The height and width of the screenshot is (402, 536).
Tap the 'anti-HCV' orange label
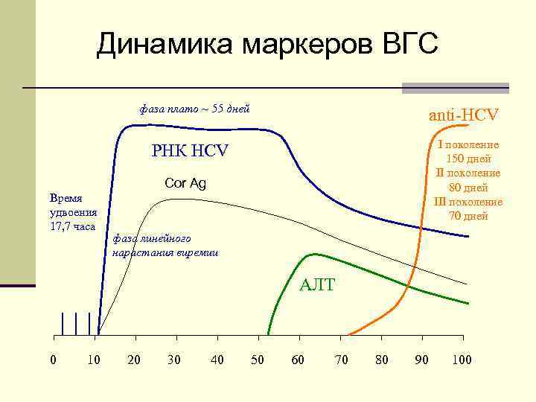pyautogui.click(x=463, y=115)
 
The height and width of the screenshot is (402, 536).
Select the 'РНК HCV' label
pyautogui.click(x=190, y=151)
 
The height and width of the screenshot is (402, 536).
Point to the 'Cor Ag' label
pyautogui.click(x=185, y=183)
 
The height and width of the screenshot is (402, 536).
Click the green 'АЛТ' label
pyautogui.click(x=317, y=284)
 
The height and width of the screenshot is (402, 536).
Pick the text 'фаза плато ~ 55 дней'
pyautogui.click(x=194, y=109)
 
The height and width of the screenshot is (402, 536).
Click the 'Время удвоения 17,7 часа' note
pyautogui.click(x=72, y=212)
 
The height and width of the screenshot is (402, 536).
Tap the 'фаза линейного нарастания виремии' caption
pyautogui.click(x=165, y=246)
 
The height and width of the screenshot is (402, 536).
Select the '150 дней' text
pyautogui.click(x=468, y=159)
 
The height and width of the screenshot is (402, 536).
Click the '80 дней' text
pyautogui.click(x=468, y=187)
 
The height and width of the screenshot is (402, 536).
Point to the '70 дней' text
pyautogui.click(x=468, y=216)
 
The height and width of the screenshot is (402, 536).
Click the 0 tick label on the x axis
pyautogui.click(x=52, y=360)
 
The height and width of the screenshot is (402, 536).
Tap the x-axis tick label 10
pyautogui.click(x=94, y=360)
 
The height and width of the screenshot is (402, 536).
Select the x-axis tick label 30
pyautogui.click(x=174, y=360)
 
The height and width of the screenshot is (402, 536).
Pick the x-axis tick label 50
pyautogui.click(x=257, y=360)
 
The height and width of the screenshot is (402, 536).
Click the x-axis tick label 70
pyautogui.click(x=341, y=360)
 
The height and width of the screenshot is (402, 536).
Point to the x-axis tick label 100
pyautogui.click(x=462, y=360)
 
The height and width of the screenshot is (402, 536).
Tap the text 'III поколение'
pyautogui.click(x=468, y=202)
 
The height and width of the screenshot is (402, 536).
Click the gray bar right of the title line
pyautogui.click(x=455, y=88)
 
